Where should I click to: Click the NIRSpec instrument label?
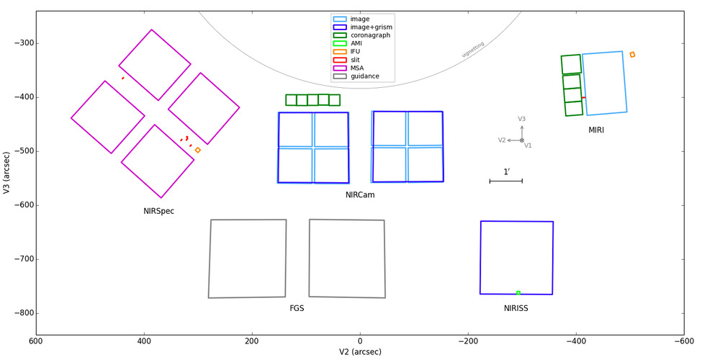[x=159, y=212]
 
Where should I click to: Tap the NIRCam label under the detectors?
[x=360, y=195]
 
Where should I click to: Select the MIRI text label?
[x=596, y=130]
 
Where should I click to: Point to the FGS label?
[x=297, y=309]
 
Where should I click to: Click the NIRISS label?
[x=516, y=309]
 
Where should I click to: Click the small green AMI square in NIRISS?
[x=518, y=293]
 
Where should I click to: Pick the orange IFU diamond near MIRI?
[x=632, y=55]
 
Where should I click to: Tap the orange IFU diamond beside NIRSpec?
[x=198, y=150]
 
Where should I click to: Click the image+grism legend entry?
[x=362, y=27]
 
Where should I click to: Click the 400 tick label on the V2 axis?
[x=144, y=341]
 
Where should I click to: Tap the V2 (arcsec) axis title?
[x=360, y=352]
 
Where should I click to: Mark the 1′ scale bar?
[x=506, y=181]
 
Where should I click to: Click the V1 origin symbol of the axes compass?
[x=522, y=140]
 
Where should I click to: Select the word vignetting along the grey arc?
[x=473, y=50]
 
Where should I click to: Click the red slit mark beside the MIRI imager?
[x=584, y=97]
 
